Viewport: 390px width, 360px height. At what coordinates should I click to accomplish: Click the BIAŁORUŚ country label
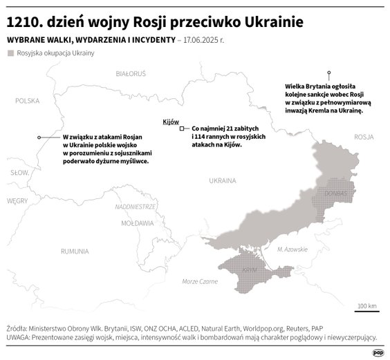(x=131, y=73)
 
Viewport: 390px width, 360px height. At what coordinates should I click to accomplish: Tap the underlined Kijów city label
(x=170, y=121)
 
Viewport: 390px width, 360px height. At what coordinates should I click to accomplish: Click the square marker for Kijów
(x=182, y=129)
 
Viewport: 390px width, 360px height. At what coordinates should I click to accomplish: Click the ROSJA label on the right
(x=363, y=138)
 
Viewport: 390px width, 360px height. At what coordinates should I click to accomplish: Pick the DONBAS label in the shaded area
(x=337, y=190)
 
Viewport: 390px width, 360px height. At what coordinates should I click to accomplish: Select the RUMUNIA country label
(x=75, y=250)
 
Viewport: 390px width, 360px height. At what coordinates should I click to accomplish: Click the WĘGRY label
(x=17, y=200)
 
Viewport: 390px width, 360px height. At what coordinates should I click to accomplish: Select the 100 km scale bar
(x=366, y=310)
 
